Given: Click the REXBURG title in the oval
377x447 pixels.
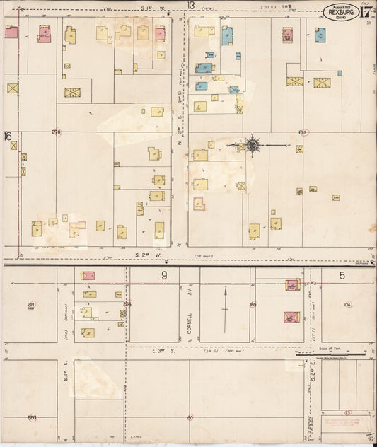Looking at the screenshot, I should tap(341, 11).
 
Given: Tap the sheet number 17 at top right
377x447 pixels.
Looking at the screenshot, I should tap(368, 11).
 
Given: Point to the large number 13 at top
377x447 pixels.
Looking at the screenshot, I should tap(191, 6).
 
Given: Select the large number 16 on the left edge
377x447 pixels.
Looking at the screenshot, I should tap(8, 136).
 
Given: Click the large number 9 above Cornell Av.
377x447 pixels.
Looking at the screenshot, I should tap(164, 275).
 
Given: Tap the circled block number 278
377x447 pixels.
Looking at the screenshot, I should tap(57, 132).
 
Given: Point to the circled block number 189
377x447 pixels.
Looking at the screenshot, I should tap(253, 304).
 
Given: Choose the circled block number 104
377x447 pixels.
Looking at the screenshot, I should tap(347, 304).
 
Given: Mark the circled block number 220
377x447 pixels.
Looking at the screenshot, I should tap(32, 418).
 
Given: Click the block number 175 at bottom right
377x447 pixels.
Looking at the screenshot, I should tap(347, 411).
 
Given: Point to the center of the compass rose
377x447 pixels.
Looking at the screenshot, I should tap(252, 146).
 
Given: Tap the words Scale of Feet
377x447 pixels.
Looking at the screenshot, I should tap(330, 348).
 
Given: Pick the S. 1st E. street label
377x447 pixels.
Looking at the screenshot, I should tap(65, 385).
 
